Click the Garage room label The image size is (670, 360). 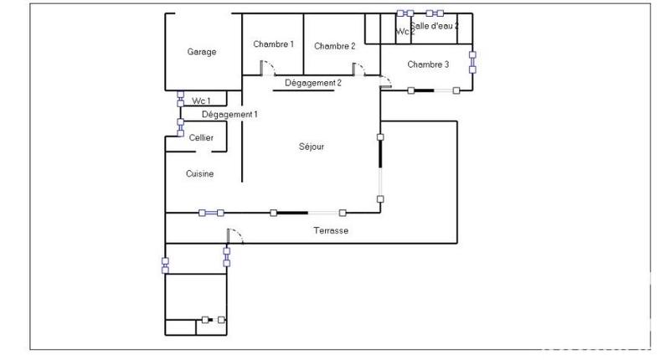click(x=201, y=52)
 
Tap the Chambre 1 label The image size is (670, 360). click(x=274, y=44)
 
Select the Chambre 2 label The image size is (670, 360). click(x=335, y=46)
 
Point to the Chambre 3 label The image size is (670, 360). click(x=428, y=64)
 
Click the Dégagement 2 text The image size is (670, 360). click(x=313, y=83)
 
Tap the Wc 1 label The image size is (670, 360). click(x=201, y=100)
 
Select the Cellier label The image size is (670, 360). click(x=201, y=137)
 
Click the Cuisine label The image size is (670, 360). click(x=199, y=174)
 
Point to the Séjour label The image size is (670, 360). click(x=311, y=147)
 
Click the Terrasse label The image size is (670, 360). click(x=331, y=230)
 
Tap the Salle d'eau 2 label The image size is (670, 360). click(x=434, y=27)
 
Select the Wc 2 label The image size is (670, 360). click(x=405, y=32)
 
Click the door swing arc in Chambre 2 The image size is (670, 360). click(x=358, y=69)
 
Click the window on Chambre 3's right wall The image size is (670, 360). click(x=472, y=63)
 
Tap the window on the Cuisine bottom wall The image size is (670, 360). click(x=212, y=213)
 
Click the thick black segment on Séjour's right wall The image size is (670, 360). click(x=380, y=152)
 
